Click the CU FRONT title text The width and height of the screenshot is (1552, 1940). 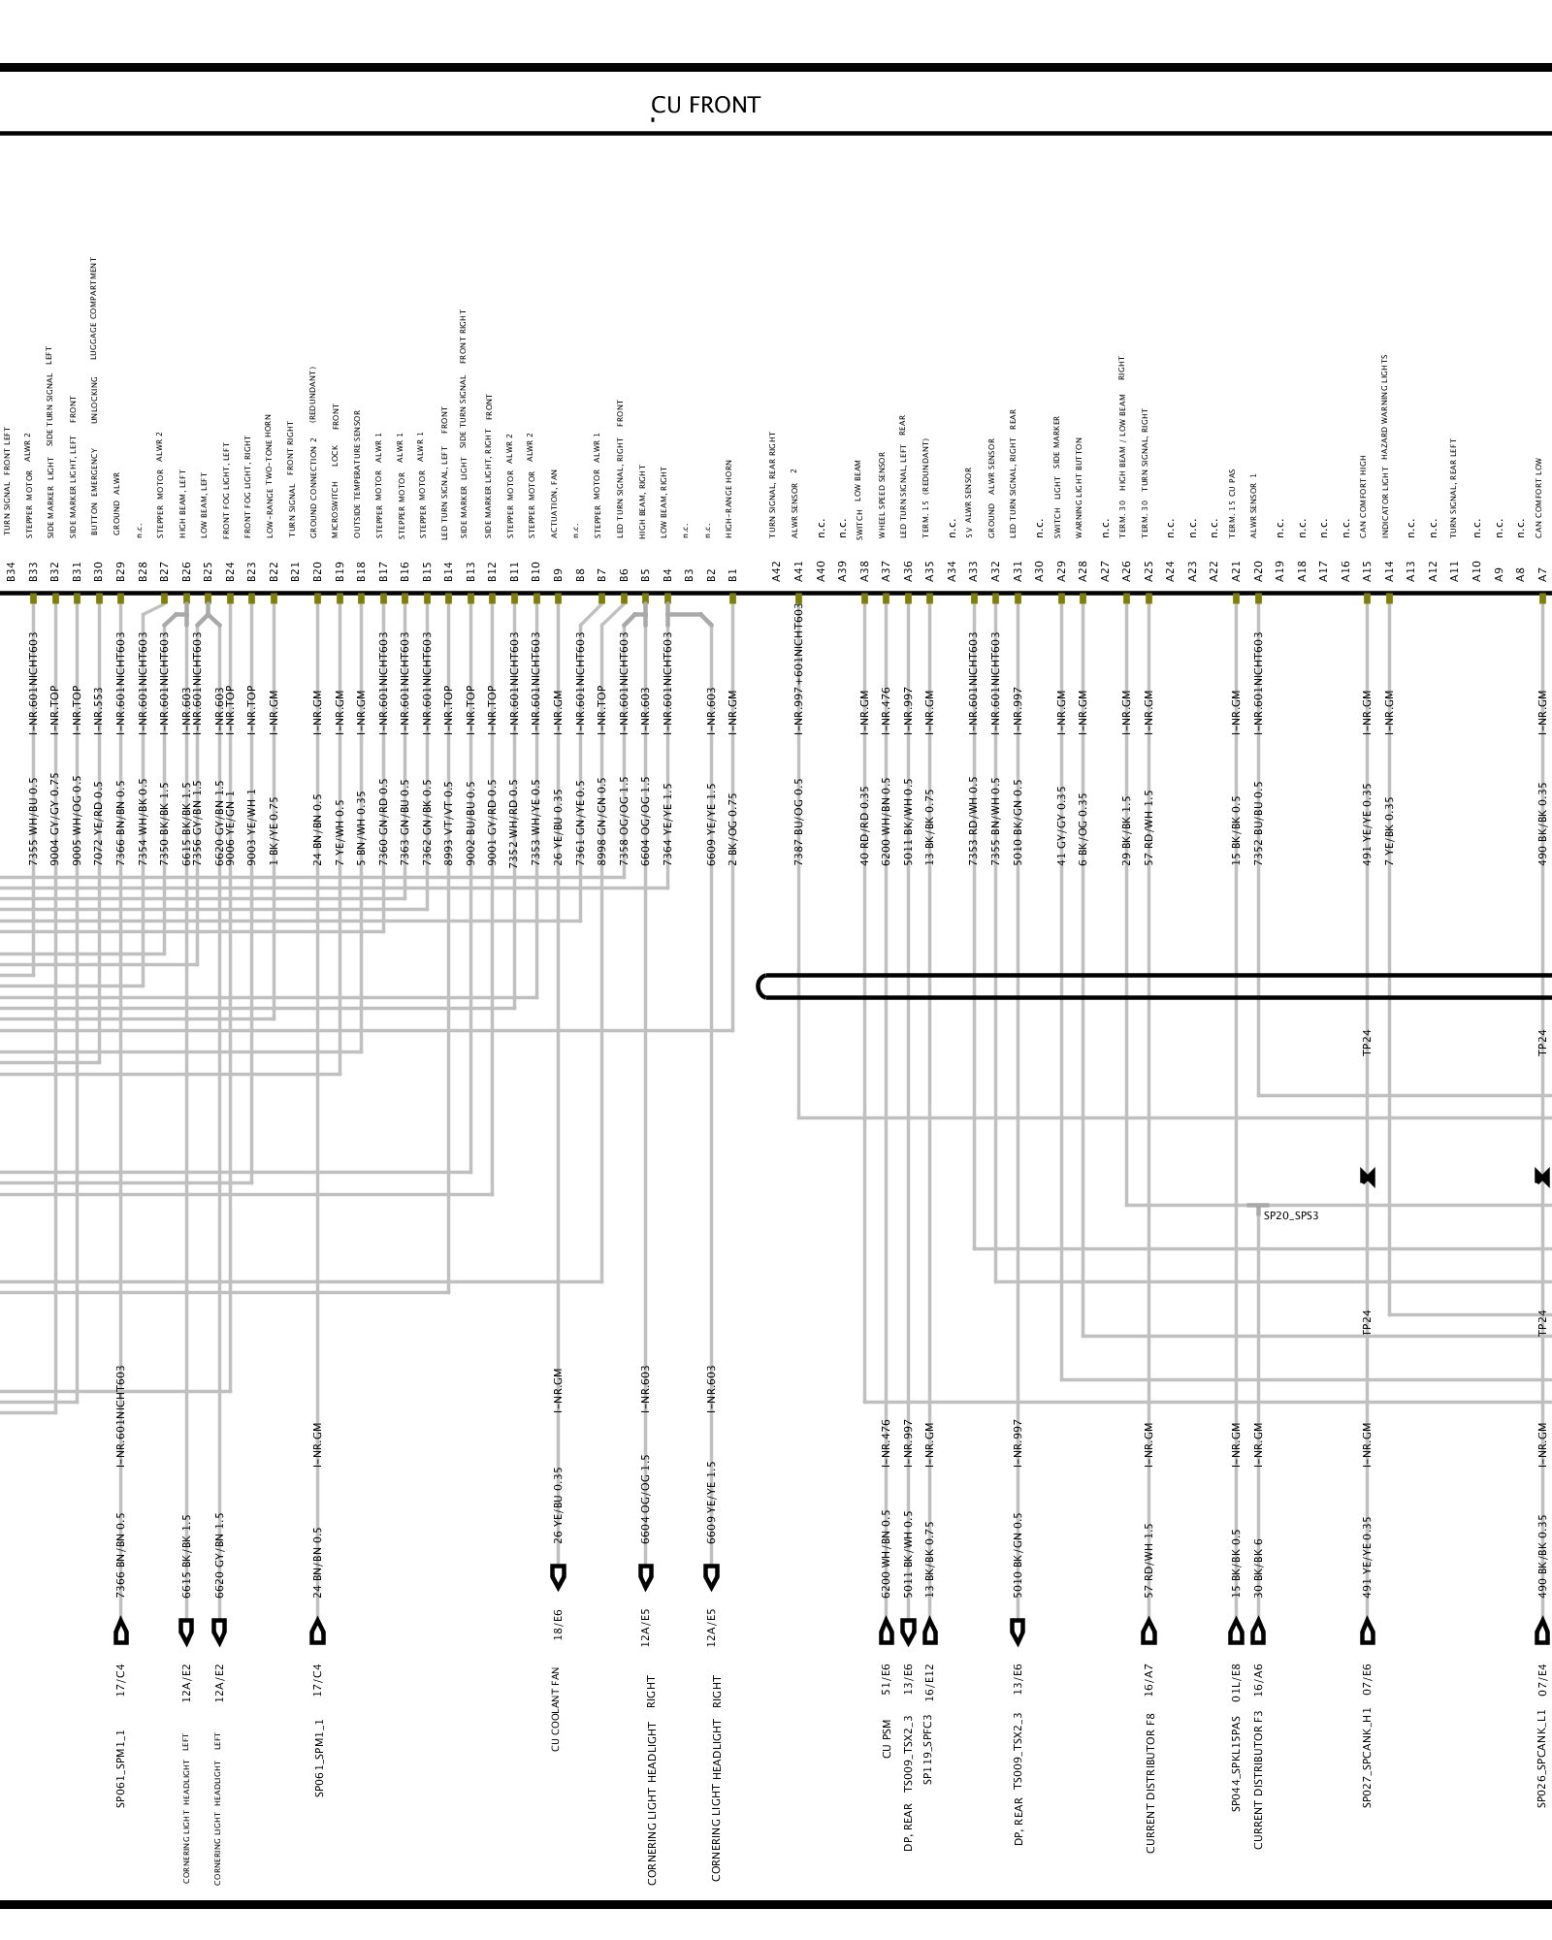point(705,105)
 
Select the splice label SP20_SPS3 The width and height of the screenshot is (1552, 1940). point(1290,1215)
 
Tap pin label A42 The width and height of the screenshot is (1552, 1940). point(776,570)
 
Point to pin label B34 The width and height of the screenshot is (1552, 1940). point(11,570)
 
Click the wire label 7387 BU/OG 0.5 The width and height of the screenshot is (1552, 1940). point(798,821)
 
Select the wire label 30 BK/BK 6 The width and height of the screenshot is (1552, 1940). point(1258,1568)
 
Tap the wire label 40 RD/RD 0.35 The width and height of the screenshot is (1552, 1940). point(864,825)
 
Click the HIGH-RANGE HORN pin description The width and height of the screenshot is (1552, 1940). point(728,499)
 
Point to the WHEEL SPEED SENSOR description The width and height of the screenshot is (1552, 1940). point(883,495)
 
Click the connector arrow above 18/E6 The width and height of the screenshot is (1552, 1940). point(558,1577)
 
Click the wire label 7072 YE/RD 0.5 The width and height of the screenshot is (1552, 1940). point(98,823)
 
